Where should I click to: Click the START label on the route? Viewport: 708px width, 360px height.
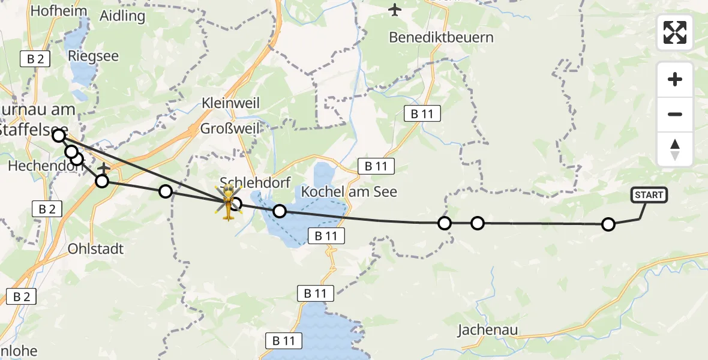[x=648, y=195]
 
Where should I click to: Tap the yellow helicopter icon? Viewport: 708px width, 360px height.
[x=229, y=202]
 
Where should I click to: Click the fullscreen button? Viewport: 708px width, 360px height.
[x=675, y=32]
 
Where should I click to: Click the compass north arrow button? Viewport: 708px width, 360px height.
[x=675, y=149]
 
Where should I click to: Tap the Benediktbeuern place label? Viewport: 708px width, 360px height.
[x=441, y=37]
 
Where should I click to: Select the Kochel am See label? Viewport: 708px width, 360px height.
[x=349, y=192]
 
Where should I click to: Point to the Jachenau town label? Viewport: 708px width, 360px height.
[x=487, y=329]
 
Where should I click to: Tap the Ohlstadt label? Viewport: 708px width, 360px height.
[x=95, y=248]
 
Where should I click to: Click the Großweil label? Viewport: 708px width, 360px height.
[x=230, y=129]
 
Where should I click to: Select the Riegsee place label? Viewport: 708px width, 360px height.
[x=94, y=56]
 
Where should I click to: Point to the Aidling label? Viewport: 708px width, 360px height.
[x=122, y=16]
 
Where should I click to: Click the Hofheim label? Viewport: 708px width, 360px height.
[x=58, y=11]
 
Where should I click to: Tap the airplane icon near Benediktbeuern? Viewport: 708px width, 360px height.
[x=395, y=10]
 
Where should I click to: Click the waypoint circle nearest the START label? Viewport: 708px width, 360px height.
[x=608, y=224]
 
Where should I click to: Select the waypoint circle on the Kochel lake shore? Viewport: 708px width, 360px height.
[x=279, y=211]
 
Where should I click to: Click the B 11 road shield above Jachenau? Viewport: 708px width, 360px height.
[x=422, y=114]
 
